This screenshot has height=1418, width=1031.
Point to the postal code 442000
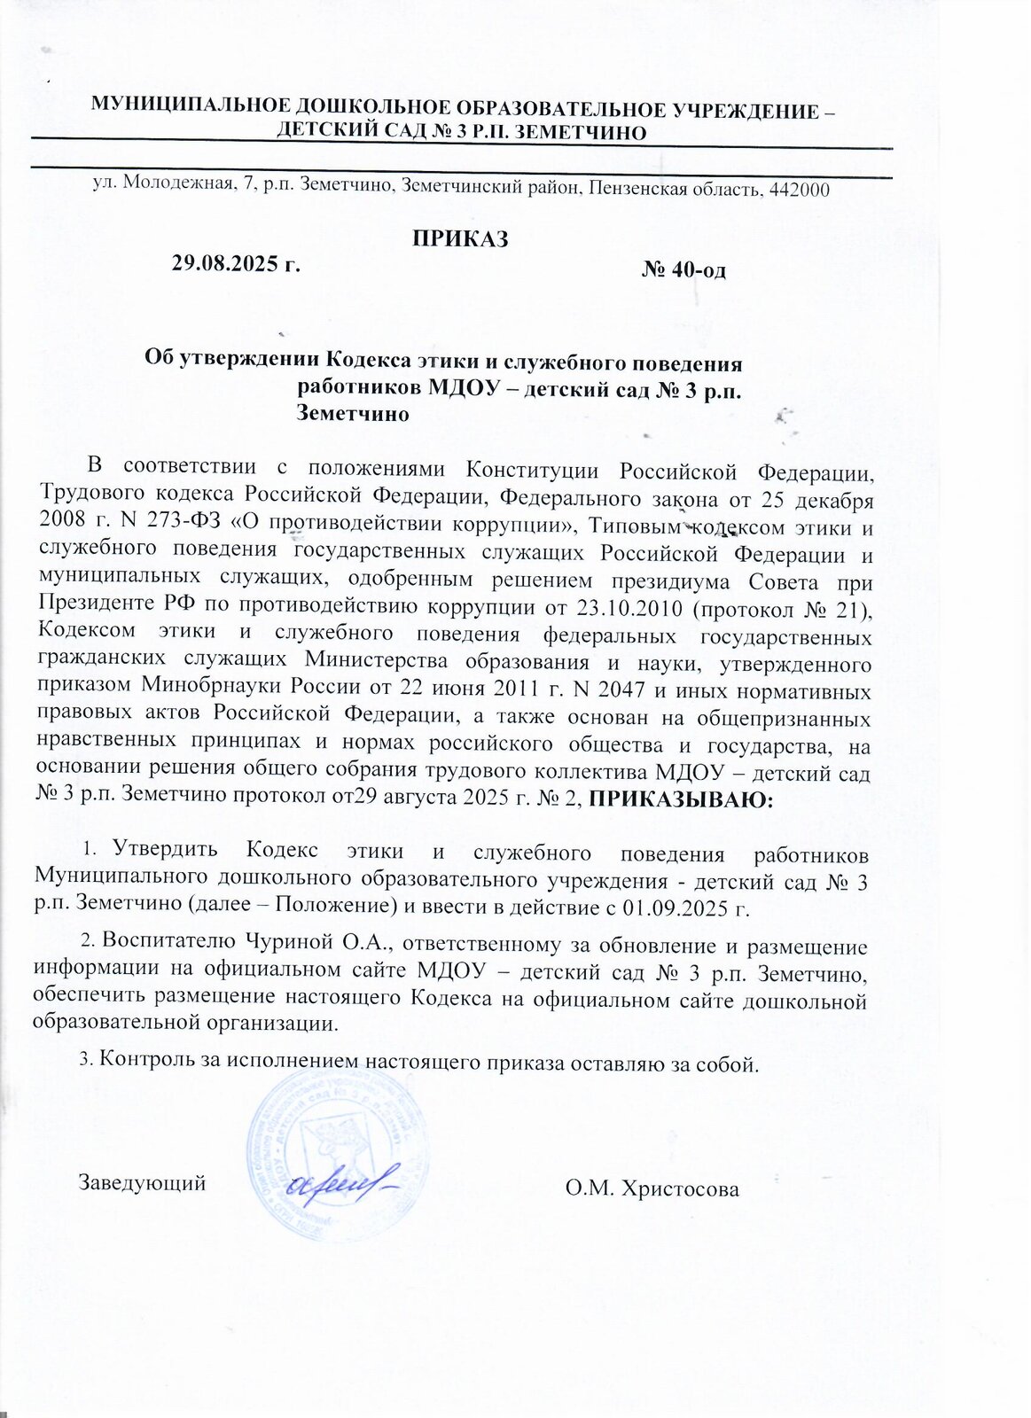tap(799, 188)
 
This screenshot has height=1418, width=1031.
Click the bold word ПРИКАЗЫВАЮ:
tap(682, 800)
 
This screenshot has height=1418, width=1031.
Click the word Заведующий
tap(143, 1182)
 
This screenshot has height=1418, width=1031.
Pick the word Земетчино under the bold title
tap(352, 413)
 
